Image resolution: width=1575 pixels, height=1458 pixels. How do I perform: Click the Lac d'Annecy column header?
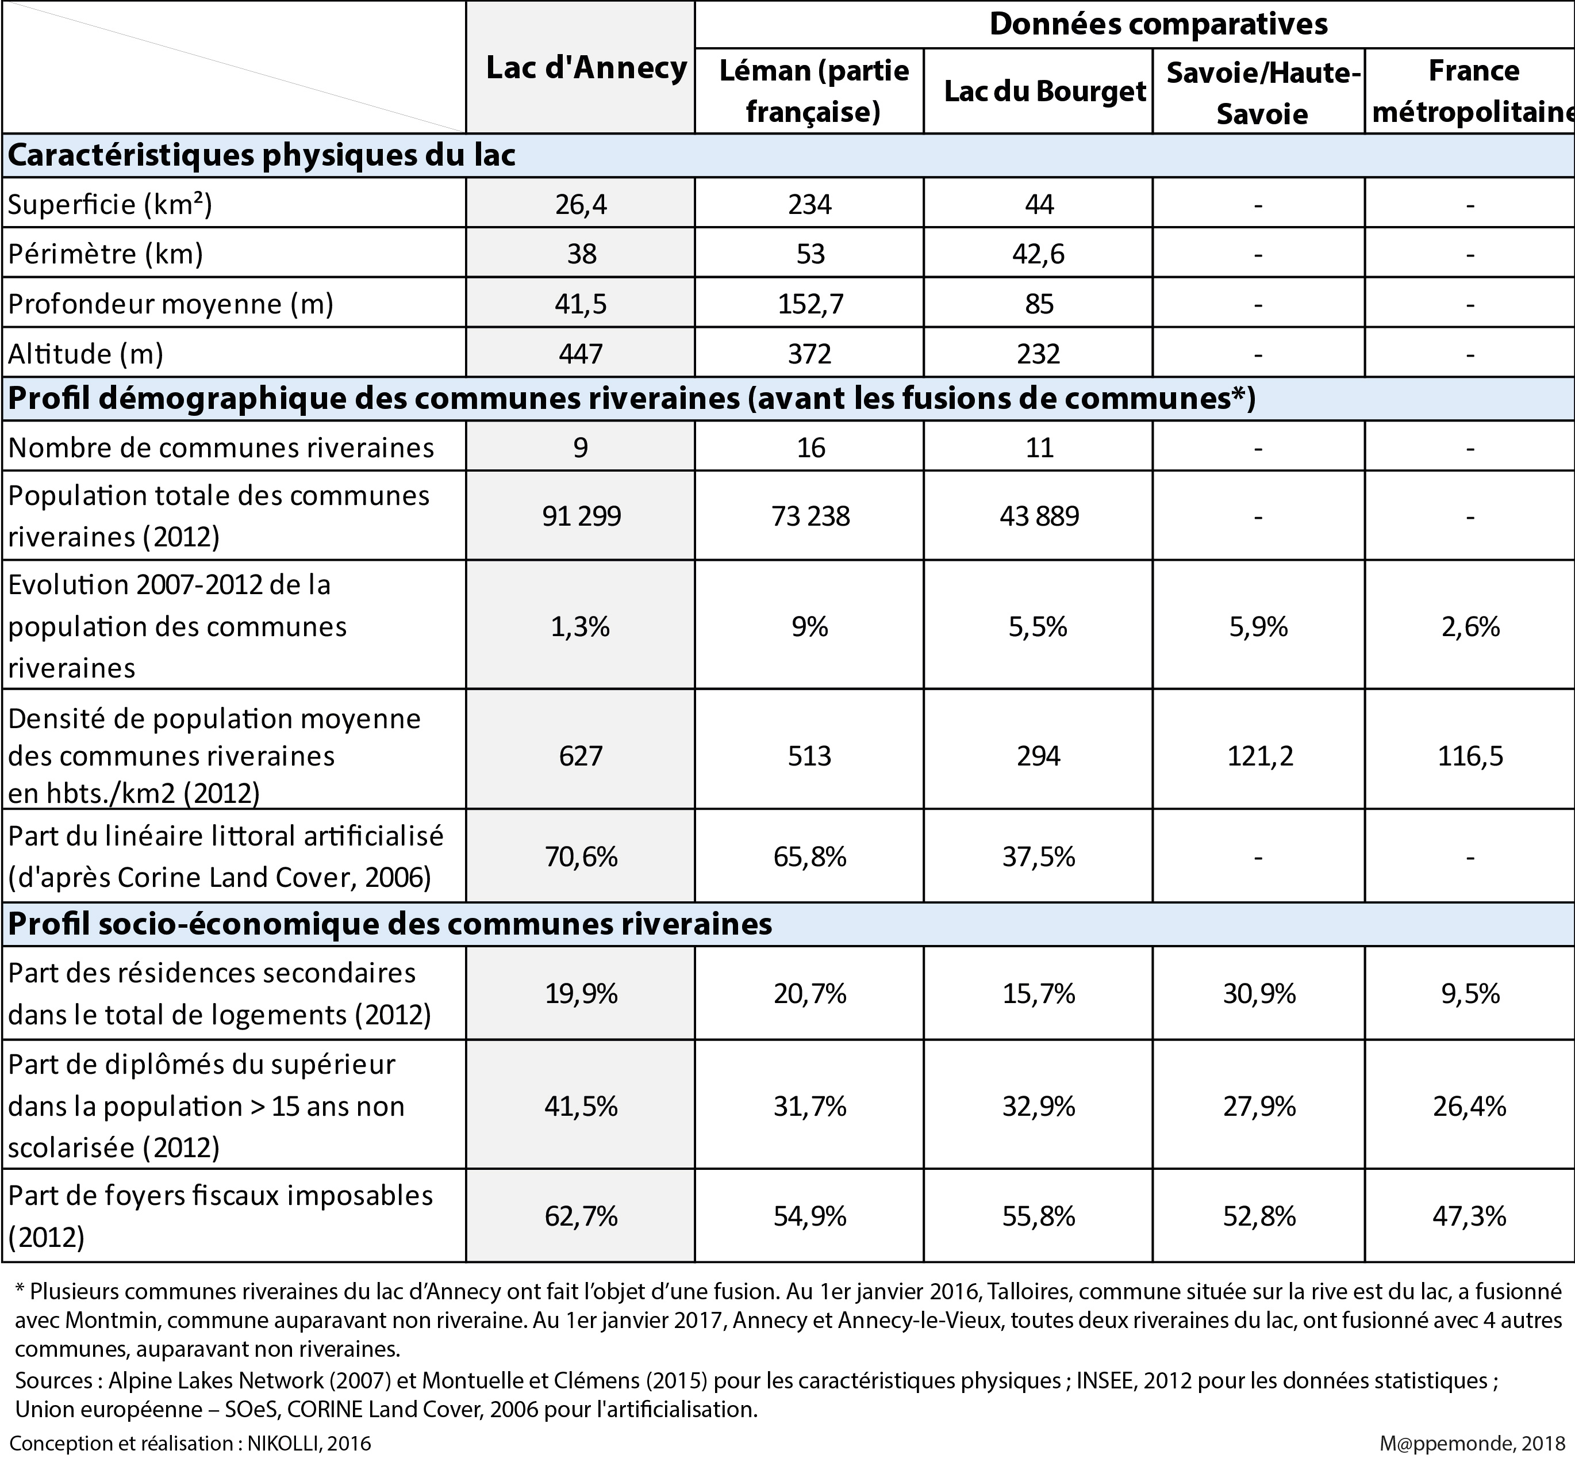pos(586,68)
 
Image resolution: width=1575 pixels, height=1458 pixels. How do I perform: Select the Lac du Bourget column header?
pos(1044,91)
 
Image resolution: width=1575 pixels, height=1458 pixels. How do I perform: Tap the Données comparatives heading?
pos(1158,25)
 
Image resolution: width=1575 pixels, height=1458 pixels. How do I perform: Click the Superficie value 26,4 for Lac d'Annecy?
pos(581,204)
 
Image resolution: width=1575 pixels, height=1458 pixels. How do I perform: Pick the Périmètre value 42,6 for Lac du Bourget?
pos(1039,254)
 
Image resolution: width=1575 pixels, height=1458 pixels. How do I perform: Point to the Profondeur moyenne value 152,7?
pos(810,304)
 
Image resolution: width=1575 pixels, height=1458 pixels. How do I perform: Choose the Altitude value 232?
pos(1039,354)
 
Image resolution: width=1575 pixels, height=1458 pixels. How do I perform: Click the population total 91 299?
pos(581,516)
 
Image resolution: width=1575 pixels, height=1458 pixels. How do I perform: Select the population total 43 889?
pos(1039,516)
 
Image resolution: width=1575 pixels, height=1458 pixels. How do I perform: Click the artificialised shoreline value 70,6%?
pos(581,857)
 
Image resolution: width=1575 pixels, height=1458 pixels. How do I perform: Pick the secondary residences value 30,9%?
pos(1259,993)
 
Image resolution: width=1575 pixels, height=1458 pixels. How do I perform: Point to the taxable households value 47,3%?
pos(1469,1216)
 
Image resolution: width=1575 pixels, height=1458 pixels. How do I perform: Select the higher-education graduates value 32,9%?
pos(1039,1106)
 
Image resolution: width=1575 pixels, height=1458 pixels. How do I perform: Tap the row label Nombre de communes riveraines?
pos(221,448)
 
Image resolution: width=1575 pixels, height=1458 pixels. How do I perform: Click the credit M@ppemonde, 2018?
pos(1472,1443)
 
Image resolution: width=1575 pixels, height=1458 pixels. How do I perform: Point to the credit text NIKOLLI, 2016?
pos(308,1443)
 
